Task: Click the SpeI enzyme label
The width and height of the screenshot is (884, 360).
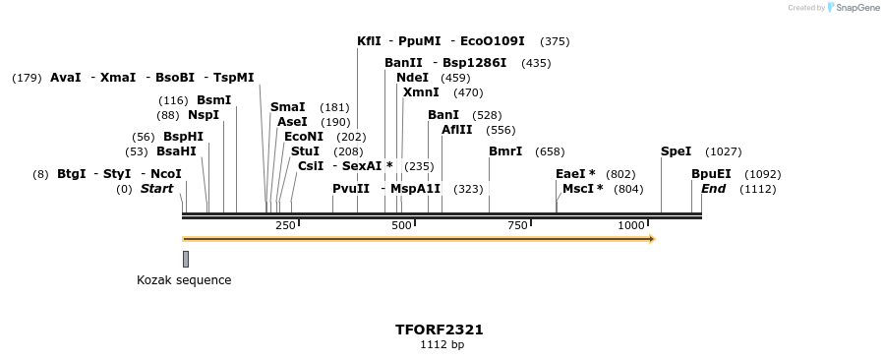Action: (x=676, y=151)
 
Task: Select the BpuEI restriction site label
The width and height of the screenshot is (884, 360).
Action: (x=711, y=174)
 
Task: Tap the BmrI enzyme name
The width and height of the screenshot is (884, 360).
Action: (x=505, y=151)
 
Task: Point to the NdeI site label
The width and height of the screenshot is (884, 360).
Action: (x=412, y=78)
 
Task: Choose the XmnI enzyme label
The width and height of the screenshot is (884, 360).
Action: (x=421, y=92)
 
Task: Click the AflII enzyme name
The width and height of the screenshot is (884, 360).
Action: (x=457, y=130)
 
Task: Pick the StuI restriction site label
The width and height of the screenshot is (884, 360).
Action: (x=305, y=151)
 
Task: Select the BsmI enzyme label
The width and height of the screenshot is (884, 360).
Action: (x=213, y=100)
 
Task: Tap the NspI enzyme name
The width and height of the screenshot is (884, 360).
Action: (x=204, y=115)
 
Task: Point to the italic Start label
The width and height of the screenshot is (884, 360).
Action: (x=156, y=189)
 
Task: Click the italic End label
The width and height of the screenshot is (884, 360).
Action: (x=713, y=189)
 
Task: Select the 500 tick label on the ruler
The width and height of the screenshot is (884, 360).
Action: (x=401, y=226)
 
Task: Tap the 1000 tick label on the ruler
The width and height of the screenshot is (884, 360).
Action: (x=631, y=226)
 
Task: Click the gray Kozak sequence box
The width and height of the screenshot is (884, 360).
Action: (x=186, y=259)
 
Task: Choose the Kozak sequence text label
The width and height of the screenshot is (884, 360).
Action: (x=184, y=280)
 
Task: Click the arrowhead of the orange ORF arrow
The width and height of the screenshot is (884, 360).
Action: (x=651, y=238)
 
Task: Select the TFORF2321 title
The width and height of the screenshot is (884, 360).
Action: (x=439, y=330)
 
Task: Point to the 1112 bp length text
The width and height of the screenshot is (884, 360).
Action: (x=442, y=345)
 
